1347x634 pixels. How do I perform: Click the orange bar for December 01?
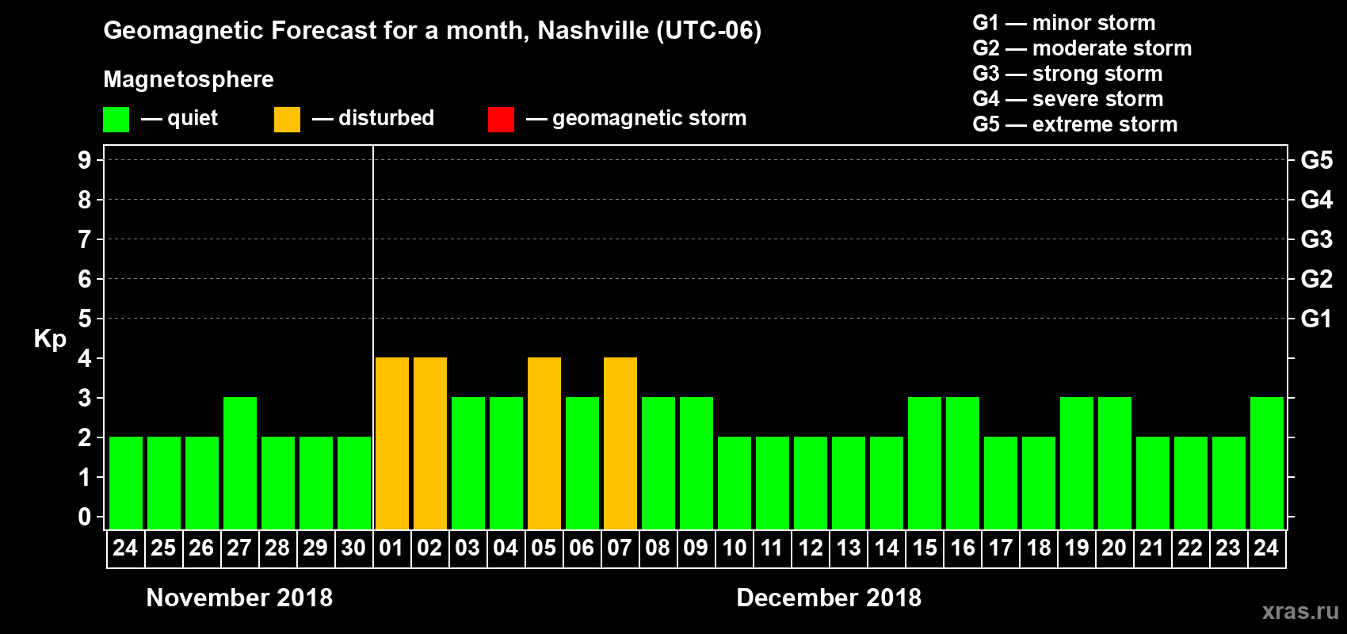(392, 444)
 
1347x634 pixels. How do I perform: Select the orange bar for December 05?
(544, 444)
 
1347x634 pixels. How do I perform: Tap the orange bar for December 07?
(620, 444)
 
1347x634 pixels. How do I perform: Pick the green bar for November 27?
(240, 464)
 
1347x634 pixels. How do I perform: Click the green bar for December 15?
(925, 464)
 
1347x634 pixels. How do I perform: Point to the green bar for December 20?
(1115, 464)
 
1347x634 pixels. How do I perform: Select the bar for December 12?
(811, 483)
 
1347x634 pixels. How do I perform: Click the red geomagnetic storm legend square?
(501, 120)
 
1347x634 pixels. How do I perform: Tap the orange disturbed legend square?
(287, 120)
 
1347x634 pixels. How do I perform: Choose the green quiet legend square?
(116, 120)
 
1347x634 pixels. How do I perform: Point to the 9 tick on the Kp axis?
(85, 160)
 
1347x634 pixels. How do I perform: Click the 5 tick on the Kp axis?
(85, 319)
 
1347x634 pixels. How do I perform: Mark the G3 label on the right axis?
(1316, 239)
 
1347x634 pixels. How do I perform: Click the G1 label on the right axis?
(1316, 319)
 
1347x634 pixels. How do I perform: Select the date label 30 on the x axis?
(353, 548)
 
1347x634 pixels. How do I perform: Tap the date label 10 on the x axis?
(734, 548)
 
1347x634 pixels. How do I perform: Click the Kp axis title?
(50, 338)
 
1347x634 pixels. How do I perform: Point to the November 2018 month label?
(239, 598)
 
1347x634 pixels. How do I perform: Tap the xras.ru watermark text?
(1300, 611)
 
